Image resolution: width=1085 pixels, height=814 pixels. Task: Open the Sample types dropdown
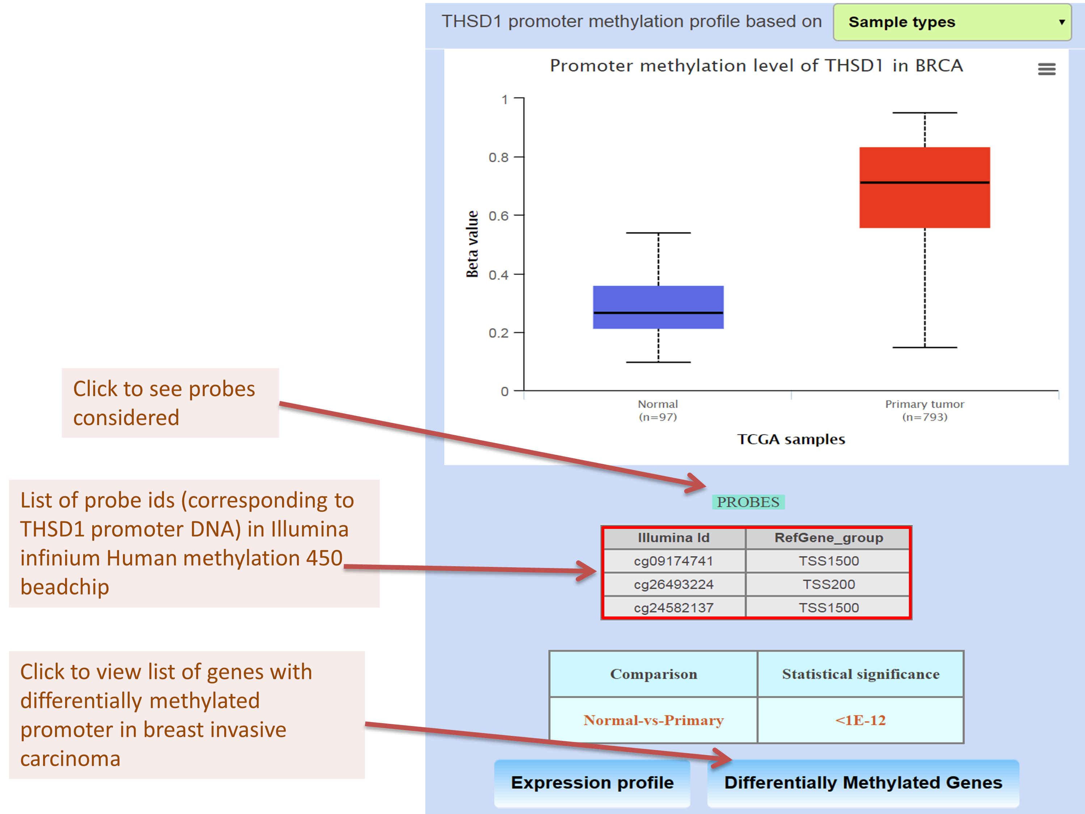tap(952, 22)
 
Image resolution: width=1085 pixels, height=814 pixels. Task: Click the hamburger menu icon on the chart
tap(1046, 69)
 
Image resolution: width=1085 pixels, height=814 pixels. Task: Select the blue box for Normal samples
tap(658, 307)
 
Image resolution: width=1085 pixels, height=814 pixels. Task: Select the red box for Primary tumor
tap(924, 187)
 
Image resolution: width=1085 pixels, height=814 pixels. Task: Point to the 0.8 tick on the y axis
tap(498, 157)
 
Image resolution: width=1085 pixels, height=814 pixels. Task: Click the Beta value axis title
tap(472, 244)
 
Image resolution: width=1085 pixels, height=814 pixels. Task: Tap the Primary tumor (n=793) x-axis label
tap(924, 410)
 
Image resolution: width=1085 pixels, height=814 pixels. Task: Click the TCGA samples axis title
tap(791, 439)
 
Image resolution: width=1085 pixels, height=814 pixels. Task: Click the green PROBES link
tap(748, 502)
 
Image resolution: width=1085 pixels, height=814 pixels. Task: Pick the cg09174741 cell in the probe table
tap(673, 561)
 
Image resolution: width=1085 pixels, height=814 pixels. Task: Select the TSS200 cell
tap(829, 584)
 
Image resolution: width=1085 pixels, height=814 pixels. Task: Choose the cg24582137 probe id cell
tap(673, 607)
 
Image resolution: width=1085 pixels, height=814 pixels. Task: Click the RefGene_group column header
tap(829, 538)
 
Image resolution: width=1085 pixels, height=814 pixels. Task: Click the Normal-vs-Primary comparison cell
tap(654, 720)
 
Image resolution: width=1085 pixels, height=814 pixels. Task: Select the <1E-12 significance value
tap(860, 720)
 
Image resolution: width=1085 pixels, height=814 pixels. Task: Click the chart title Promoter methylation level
tap(756, 66)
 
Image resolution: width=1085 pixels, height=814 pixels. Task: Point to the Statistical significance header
tap(860, 674)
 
